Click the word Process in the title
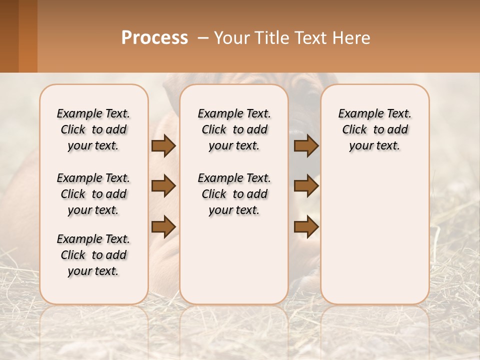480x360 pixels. coord(154,38)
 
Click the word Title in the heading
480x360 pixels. coord(269,38)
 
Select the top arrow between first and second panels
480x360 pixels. coord(163,146)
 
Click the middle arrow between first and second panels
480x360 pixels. coord(163,186)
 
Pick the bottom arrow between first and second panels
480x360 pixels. coord(163,226)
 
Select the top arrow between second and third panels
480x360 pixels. coord(306,146)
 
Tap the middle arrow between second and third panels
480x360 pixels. coord(306,186)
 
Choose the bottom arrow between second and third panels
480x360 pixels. coord(306,226)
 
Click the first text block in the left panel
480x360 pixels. coord(93,129)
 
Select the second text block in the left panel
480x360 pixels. coord(93,194)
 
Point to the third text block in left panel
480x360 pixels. coord(93,255)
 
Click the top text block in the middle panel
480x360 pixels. coord(234,129)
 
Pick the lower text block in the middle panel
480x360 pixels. coord(234,194)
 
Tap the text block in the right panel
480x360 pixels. coord(374,129)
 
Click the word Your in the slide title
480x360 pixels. coord(232,38)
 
